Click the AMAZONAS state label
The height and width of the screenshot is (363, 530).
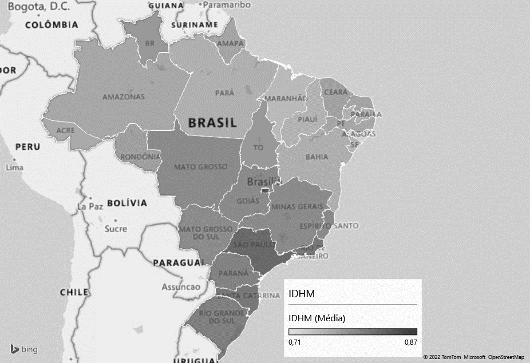point(123,97)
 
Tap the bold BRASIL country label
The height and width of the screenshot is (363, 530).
point(212,122)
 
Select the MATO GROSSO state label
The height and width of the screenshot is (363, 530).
point(192,167)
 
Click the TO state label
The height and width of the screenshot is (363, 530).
point(259,147)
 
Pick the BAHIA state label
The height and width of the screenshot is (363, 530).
point(317,156)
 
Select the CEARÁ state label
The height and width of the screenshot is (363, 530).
point(335,92)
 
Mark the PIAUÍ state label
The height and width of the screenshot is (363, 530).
point(307,119)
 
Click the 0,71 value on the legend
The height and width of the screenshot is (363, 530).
point(295,342)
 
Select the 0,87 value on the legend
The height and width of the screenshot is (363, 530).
point(410,342)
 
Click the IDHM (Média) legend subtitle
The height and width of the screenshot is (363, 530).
point(317,318)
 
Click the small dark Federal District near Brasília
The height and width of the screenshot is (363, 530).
point(264,190)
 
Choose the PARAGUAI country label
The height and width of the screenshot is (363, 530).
point(178,263)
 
